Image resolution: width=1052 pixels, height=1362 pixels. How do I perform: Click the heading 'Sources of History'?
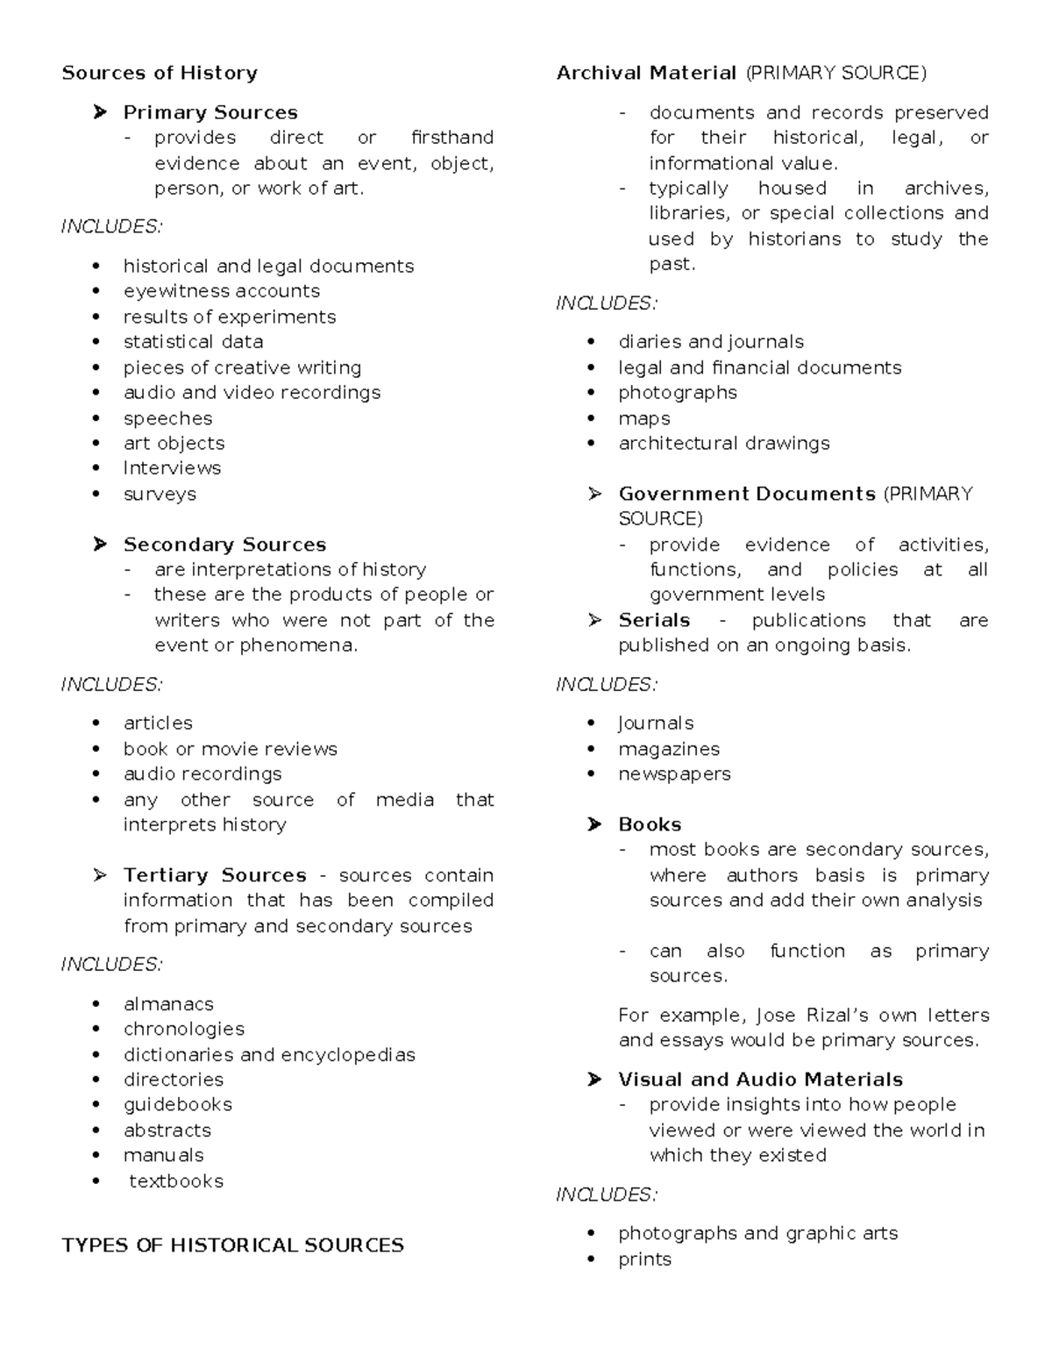point(160,73)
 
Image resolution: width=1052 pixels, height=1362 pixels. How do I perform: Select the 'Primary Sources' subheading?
point(210,112)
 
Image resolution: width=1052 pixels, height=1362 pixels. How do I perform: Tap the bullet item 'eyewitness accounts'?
point(221,291)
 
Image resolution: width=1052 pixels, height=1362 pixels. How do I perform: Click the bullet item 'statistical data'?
point(193,342)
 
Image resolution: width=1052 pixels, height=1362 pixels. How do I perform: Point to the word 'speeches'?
point(167,418)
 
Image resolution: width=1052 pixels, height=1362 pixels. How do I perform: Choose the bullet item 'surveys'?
point(160,494)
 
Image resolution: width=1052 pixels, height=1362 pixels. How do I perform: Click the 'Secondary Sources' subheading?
point(224,545)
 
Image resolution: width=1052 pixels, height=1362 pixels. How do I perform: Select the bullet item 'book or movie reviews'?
point(230,749)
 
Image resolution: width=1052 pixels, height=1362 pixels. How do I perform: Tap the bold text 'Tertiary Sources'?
point(215,875)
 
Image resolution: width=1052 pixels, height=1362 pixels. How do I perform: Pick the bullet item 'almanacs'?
point(168,1004)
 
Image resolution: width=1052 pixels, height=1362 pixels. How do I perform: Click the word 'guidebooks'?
point(178,1105)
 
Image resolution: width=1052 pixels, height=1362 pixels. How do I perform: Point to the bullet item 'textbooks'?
point(176,1181)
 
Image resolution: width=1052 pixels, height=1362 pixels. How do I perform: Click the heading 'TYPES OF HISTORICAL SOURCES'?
point(232,1245)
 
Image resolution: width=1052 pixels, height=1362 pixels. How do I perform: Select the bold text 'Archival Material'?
point(646,73)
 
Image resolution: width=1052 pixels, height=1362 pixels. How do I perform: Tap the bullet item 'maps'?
point(644,418)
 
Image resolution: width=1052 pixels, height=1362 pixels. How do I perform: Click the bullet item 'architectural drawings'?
point(724,444)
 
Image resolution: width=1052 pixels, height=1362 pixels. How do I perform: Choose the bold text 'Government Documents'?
point(747,494)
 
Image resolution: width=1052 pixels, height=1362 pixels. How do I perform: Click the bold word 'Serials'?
point(654,621)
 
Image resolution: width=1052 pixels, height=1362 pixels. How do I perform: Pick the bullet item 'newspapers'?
point(674,774)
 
